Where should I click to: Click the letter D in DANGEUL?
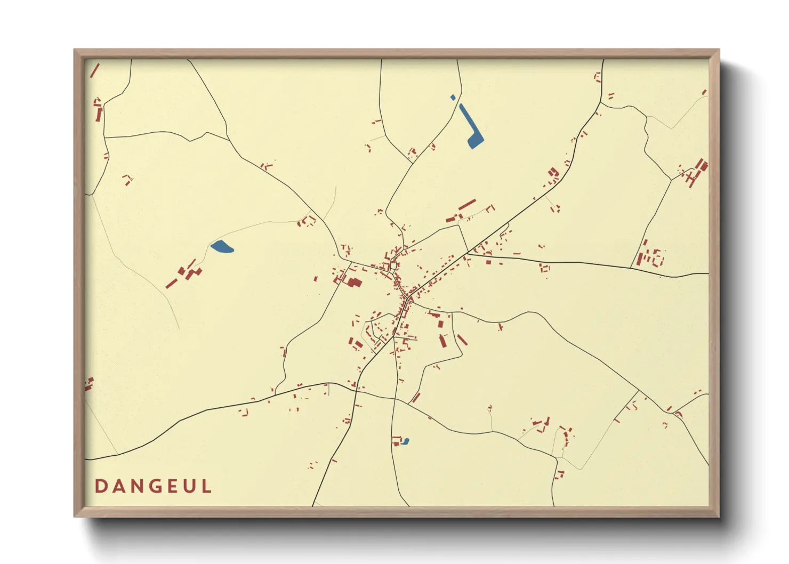(x=100, y=486)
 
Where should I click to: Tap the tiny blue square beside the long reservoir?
(x=453, y=98)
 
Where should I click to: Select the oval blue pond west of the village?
(x=222, y=247)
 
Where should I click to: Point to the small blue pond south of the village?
(x=406, y=441)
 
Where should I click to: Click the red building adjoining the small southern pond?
(x=396, y=441)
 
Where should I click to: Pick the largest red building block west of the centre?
(x=354, y=282)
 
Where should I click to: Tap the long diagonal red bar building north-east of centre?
(x=466, y=205)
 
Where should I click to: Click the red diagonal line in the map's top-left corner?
(x=95, y=70)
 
